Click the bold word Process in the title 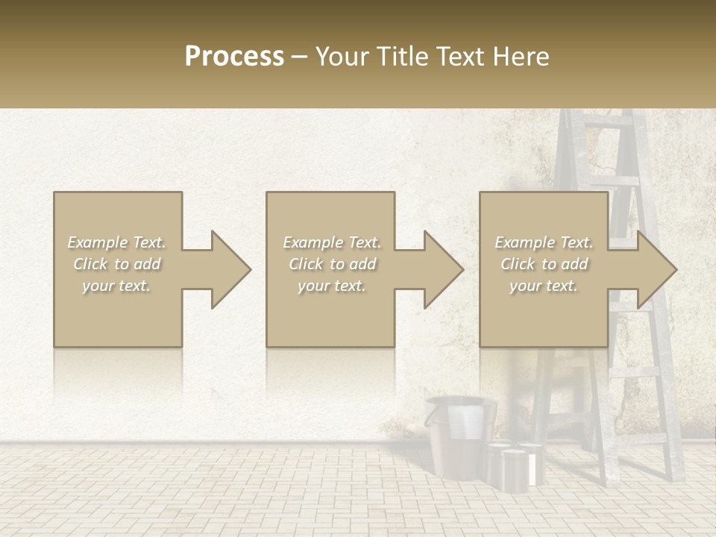tap(234, 56)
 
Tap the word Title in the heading tap(403, 56)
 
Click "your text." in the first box tap(116, 286)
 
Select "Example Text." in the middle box tap(332, 242)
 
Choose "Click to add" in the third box tap(544, 264)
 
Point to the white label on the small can tap(532, 468)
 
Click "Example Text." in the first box tap(116, 242)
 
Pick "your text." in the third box tap(543, 286)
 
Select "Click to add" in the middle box tap(332, 264)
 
